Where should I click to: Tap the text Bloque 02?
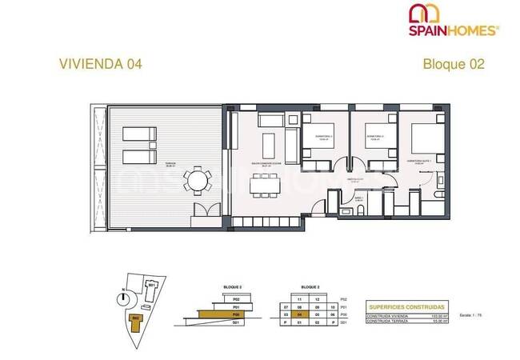pos(454,65)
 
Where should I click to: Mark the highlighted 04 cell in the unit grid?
pos(299,315)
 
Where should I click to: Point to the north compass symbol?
pos(122,298)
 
